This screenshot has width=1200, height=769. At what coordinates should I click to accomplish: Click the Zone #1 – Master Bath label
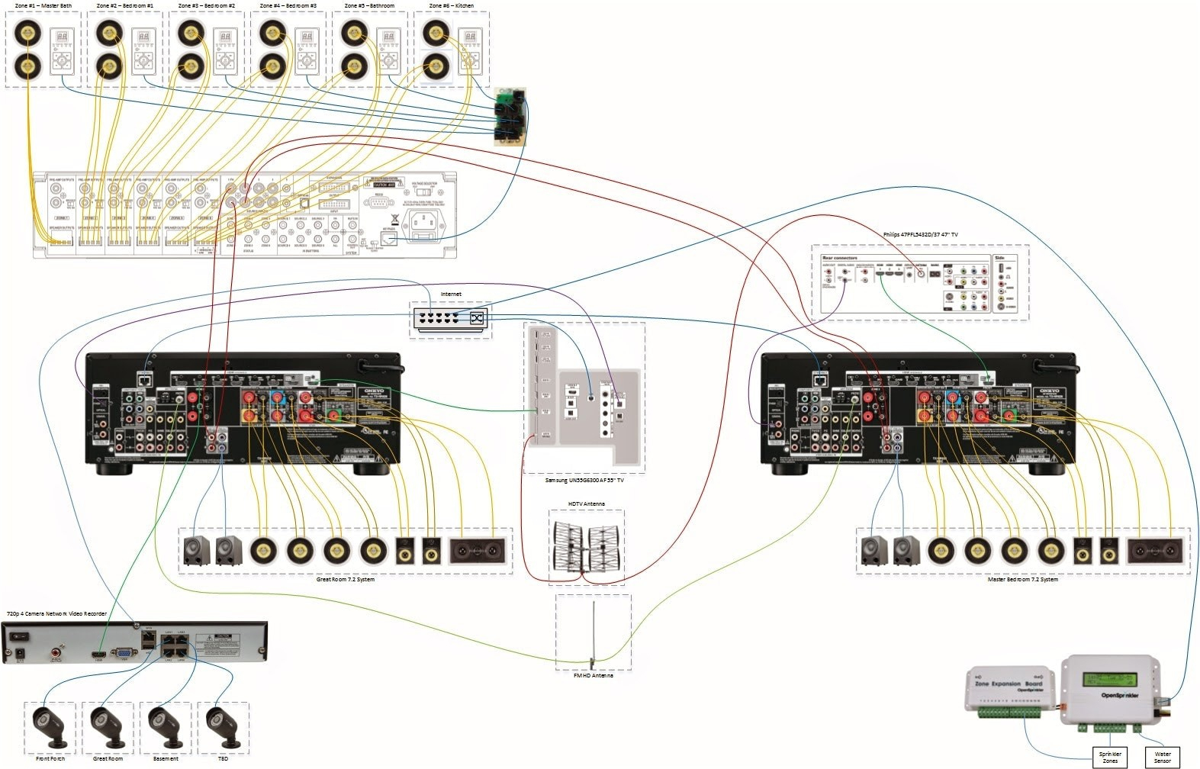coord(43,5)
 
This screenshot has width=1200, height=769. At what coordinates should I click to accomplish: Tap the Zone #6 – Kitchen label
coord(451,5)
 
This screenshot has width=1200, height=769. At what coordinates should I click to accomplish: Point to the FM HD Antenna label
coord(593,675)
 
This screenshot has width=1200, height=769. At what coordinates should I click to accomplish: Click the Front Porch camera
coord(50,726)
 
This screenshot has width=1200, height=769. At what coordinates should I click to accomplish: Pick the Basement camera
coord(166,726)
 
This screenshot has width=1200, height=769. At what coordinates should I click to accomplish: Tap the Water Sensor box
coord(1162,757)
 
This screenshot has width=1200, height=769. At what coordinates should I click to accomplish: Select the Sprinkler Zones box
coord(1110,757)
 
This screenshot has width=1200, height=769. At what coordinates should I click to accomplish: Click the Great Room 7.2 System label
coord(345,579)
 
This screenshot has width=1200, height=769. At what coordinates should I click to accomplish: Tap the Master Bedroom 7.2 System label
coord(1022,579)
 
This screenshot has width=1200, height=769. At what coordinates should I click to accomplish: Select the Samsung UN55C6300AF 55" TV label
coord(584,480)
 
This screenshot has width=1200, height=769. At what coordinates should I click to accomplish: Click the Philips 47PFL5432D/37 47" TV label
coord(920,234)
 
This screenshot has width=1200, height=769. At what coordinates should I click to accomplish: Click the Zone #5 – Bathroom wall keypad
coord(389,51)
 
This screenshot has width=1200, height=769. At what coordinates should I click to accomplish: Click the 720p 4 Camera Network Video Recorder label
coord(56,613)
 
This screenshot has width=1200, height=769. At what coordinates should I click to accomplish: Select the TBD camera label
coord(223,758)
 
